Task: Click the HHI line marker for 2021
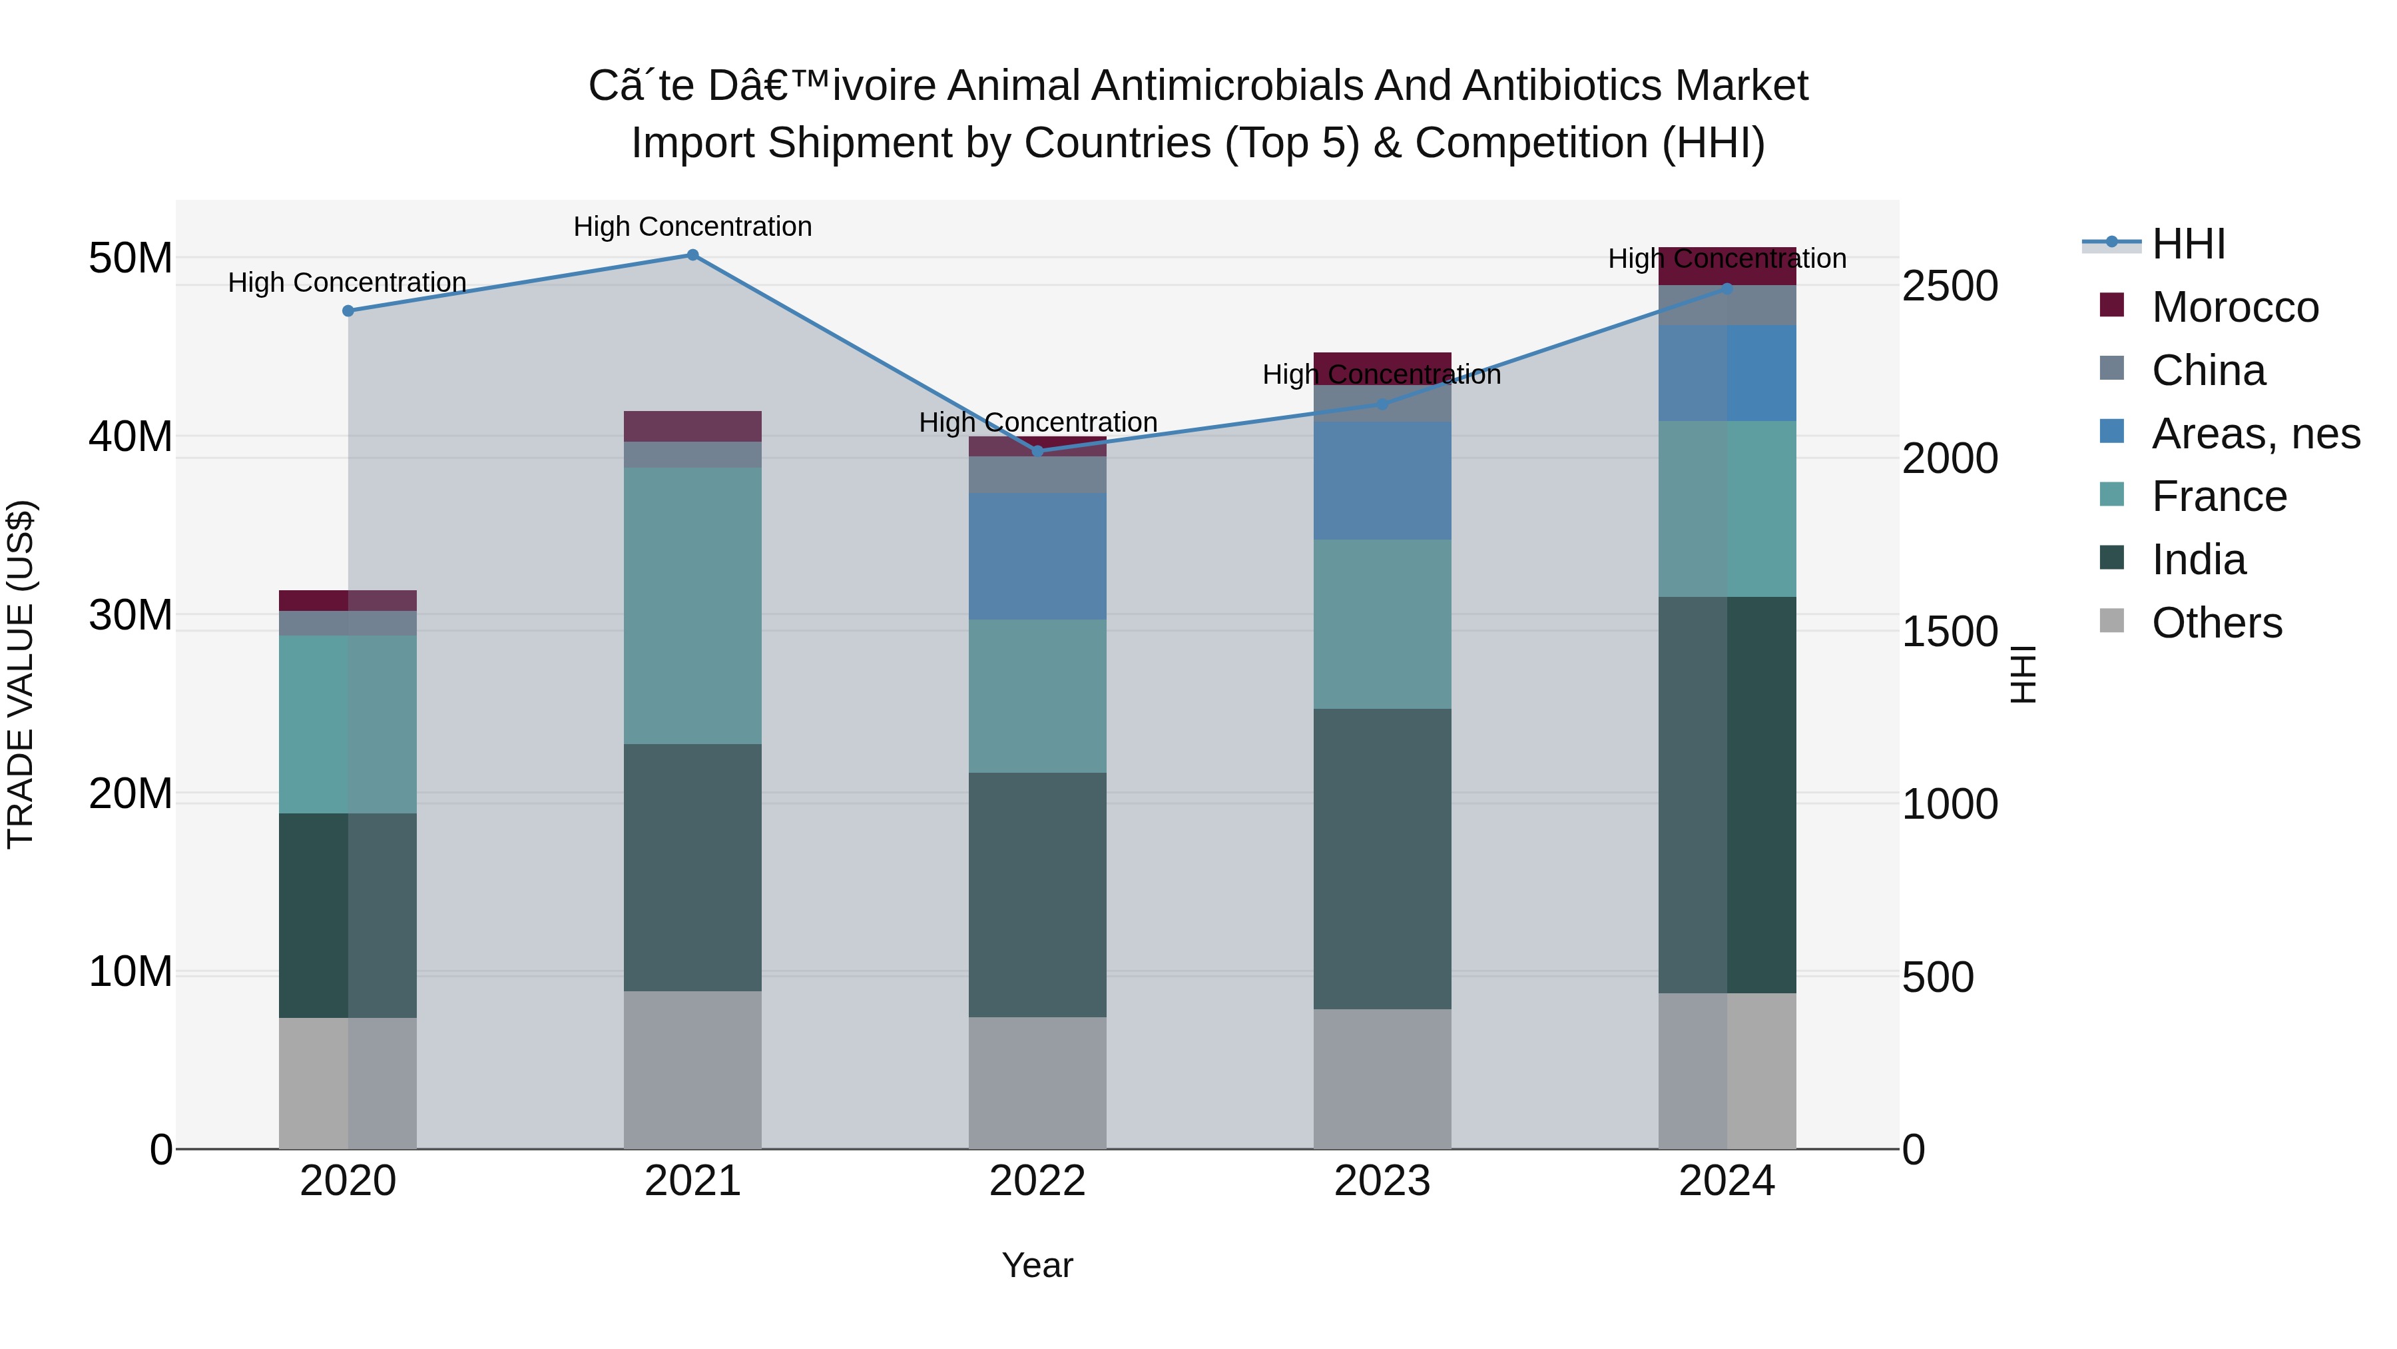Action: click(x=692, y=255)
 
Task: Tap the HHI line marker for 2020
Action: click(x=348, y=311)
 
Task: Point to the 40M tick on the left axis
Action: click(x=131, y=436)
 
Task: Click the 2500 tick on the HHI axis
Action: click(x=1950, y=286)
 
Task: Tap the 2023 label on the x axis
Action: click(x=1382, y=1181)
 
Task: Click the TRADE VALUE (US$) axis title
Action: click(x=21, y=674)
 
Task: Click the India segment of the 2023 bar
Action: click(x=1382, y=859)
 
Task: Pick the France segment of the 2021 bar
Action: click(x=692, y=605)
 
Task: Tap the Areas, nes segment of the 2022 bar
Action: click(x=1037, y=557)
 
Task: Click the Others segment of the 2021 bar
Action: click(x=692, y=1070)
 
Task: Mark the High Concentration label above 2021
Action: click(x=692, y=227)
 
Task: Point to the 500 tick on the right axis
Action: click(x=1938, y=977)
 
